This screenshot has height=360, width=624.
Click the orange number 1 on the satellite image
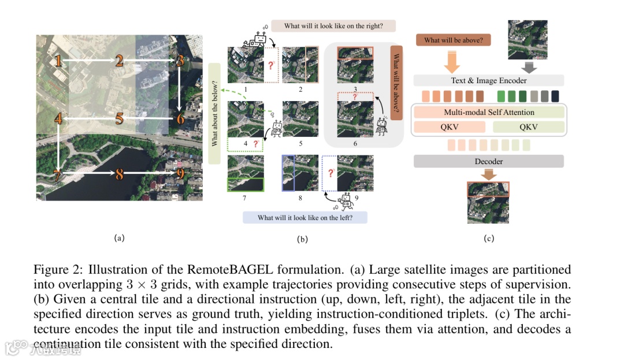point(58,60)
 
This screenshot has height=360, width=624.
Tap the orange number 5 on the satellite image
point(120,119)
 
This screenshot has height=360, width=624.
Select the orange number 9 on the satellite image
point(181,173)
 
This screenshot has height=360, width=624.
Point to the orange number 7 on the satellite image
point(57,173)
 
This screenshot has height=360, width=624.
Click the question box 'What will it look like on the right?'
point(333,26)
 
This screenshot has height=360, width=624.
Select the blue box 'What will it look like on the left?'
point(304,218)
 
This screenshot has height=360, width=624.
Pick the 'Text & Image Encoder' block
point(489,80)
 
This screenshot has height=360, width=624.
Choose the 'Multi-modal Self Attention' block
point(489,113)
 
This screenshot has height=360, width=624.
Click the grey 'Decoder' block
point(489,161)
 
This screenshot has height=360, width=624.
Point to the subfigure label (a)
point(119,237)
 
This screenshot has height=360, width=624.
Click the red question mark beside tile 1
point(270,65)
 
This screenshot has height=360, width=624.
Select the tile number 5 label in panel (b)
point(300,143)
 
